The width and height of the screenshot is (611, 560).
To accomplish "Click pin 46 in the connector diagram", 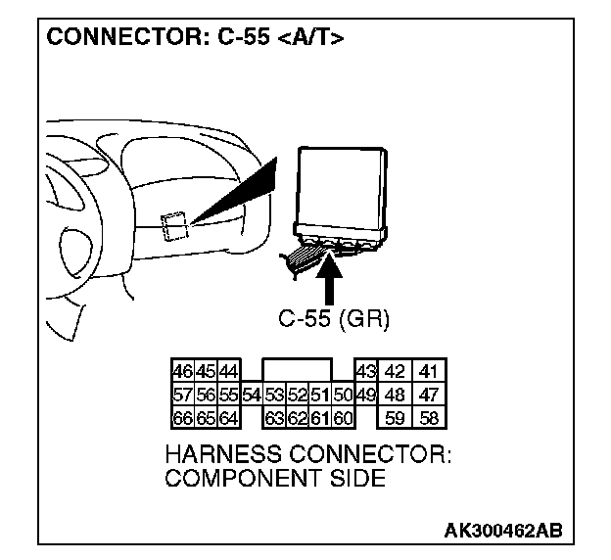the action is click(x=182, y=372).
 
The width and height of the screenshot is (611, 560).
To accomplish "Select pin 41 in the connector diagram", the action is click(x=428, y=372).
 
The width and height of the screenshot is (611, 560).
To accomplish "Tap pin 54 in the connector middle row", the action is click(x=251, y=396).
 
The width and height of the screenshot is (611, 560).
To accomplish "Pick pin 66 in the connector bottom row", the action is click(x=182, y=419).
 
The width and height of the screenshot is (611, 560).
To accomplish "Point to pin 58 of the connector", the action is click(x=428, y=419).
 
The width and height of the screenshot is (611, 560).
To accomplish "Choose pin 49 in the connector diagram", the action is click(x=364, y=396).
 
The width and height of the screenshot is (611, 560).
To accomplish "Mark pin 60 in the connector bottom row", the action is click(x=342, y=419).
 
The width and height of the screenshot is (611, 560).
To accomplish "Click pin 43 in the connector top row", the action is click(x=364, y=372).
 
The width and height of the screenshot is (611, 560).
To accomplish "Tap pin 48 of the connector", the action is click(x=396, y=396).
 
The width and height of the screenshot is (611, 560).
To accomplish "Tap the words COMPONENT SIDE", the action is click(x=274, y=479).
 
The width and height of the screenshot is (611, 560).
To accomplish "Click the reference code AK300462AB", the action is click(x=503, y=530).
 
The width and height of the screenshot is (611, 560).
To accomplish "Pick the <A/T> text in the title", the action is click(x=312, y=38).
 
